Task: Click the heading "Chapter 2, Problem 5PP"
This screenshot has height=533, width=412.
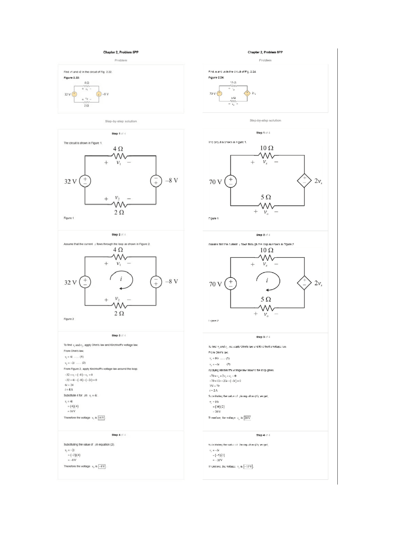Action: click(121, 52)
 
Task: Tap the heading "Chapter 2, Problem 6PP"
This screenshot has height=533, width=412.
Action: click(265, 52)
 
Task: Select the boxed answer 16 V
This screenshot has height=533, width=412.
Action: click(101, 418)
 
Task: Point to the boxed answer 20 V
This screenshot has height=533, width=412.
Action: click(247, 418)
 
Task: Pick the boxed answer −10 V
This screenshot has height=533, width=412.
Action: click(248, 466)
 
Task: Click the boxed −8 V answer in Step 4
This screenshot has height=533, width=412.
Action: click(102, 466)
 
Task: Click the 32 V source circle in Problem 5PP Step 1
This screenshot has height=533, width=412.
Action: click(85, 181)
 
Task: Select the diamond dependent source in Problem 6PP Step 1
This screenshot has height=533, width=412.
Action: click(304, 181)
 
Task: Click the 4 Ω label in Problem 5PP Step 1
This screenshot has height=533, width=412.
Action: click(118, 149)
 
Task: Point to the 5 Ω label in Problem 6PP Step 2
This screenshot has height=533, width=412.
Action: click(266, 299)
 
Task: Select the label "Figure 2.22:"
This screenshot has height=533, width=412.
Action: click(71, 78)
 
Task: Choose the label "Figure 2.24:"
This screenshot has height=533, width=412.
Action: click(216, 78)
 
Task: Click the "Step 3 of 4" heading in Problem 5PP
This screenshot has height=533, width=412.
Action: click(119, 335)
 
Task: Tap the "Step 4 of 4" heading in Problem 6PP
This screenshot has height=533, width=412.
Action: click(263, 435)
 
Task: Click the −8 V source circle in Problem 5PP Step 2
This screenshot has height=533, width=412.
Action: click(156, 282)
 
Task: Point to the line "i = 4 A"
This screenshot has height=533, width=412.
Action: click(69, 389)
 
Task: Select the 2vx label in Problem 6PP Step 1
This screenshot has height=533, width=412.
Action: click(318, 181)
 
